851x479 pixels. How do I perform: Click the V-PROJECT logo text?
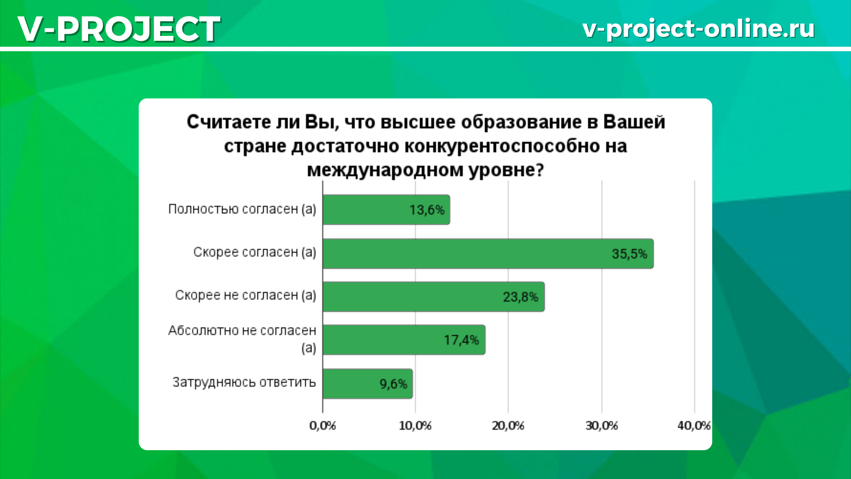click(x=119, y=29)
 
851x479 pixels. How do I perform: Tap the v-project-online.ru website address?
click(x=699, y=29)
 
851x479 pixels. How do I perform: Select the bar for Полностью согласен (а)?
click(x=386, y=209)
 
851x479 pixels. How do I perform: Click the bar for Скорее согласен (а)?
click(x=488, y=253)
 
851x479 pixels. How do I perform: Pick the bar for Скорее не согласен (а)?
click(x=433, y=296)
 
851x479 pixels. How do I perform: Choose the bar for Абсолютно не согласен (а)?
click(x=404, y=340)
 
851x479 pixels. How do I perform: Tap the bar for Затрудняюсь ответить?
click(x=367, y=384)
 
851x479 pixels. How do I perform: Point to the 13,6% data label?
click(x=427, y=210)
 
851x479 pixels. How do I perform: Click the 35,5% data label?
click(x=629, y=254)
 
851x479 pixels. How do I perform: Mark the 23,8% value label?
click(x=520, y=297)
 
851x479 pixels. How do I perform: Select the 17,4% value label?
click(x=461, y=340)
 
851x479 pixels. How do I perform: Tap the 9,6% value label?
click(x=393, y=384)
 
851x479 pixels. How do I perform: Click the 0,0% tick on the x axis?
click(x=323, y=426)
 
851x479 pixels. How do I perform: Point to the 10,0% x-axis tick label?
click(x=415, y=426)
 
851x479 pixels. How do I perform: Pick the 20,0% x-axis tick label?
click(x=508, y=426)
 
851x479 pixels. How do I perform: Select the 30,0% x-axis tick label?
click(x=602, y=426)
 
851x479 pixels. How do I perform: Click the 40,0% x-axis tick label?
click(x=694, y=426)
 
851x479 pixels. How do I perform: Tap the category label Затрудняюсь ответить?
click(x=244, y=382)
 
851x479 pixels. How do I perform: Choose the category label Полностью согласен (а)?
click(x=242, y=209)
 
